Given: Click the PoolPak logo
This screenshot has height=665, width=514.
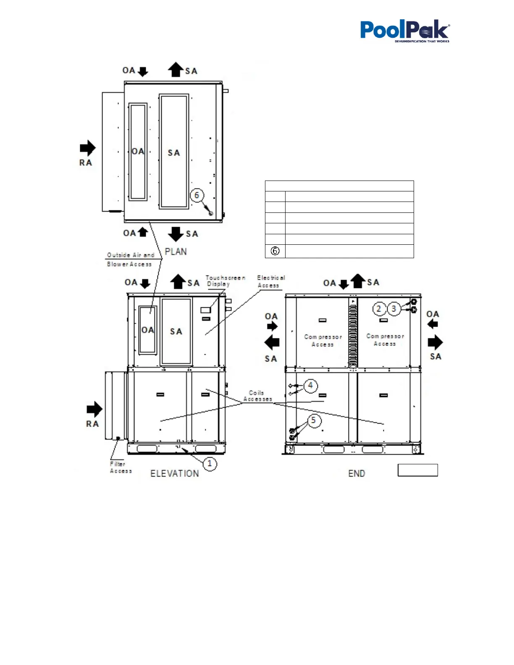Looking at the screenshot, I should click(x=404, y=31).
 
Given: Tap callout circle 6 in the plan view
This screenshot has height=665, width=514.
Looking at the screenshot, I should click(x=197, y=195).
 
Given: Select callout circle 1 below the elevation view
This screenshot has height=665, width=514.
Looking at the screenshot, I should click(x=210, y=464).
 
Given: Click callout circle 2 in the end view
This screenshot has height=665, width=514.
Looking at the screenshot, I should click(x=379, y=309).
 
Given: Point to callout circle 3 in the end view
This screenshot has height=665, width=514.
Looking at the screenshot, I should click(x=393, y=309).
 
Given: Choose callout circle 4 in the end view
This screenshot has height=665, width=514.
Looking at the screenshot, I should click(x=310, y=385).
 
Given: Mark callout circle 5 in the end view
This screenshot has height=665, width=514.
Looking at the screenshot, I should click(x=313, y=420).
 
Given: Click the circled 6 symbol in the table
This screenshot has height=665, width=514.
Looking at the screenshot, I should click(x=275, y=251).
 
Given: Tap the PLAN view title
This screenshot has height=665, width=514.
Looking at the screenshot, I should click(x=176, y=251).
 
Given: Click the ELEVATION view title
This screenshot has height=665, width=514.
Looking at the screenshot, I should click(x=175, y=474).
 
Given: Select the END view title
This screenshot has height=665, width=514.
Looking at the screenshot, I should click(x=357, y=474).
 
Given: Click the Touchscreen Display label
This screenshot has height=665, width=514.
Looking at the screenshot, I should click(x=225, y=281).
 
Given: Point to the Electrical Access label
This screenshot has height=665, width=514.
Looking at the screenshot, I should click(x=270, y=281).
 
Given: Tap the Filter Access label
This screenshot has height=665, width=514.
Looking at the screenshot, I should click(x=120, y=467).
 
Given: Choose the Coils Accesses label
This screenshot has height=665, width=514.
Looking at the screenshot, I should click(x=257, y=396).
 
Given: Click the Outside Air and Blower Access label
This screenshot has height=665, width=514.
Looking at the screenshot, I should click(x=130, y=259).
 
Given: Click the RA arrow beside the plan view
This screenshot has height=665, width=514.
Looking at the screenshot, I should click(x=87, y=148).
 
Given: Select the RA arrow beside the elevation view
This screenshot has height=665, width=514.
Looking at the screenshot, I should click(x=94, y=410).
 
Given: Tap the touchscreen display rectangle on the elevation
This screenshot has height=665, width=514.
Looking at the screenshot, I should click(x=205, y=310).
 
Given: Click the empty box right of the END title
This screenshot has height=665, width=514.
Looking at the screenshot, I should click(x=417, y=470).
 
